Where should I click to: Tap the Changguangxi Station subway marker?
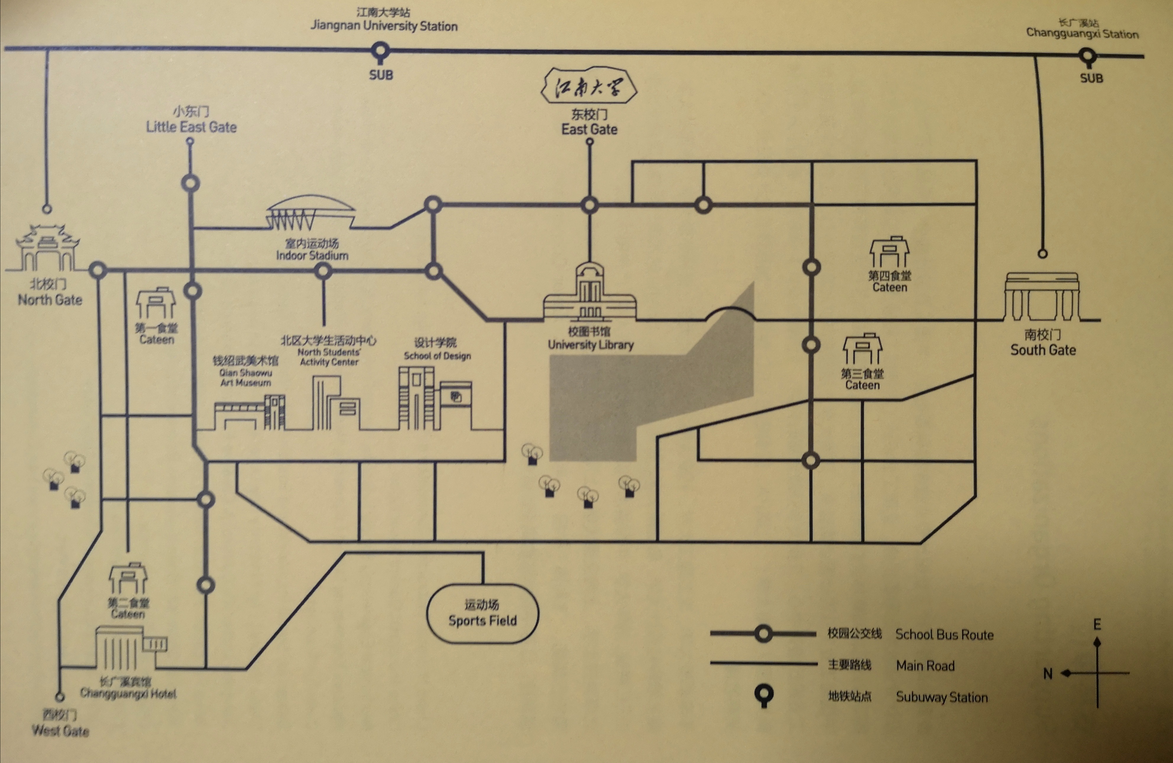coord(1088,57)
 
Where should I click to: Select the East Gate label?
coord(589,129)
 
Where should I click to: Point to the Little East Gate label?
coord(191,127)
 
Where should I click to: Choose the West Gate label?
coord(60,730)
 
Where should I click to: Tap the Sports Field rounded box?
coord(482,614)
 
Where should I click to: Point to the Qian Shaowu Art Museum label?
coord(245,377)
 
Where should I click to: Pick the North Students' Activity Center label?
coord(329,356)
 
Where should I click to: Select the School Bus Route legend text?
coord(944,635)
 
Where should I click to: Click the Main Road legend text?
coord(925,666)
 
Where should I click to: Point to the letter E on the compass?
coord(1097,624)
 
